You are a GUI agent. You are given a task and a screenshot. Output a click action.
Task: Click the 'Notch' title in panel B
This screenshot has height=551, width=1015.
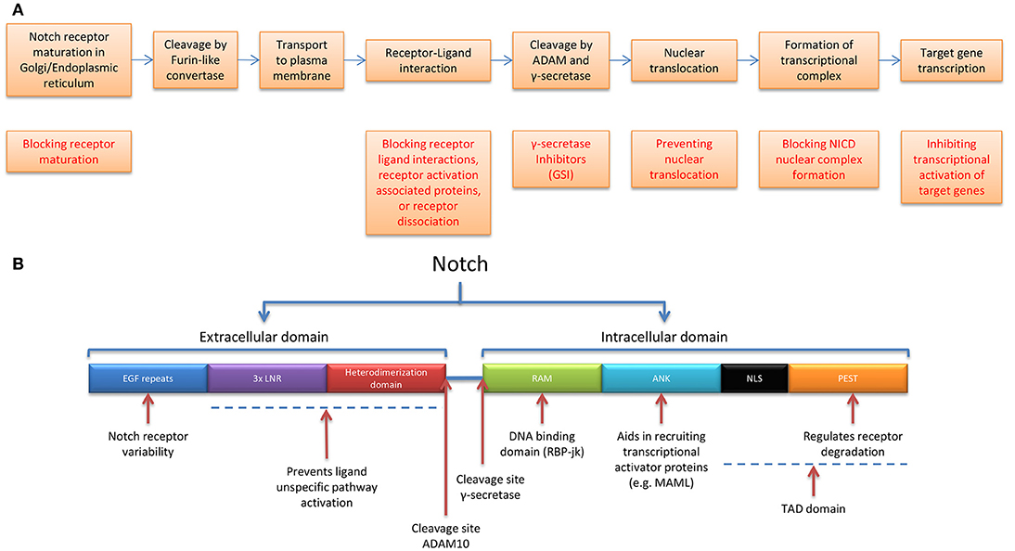[461, 265]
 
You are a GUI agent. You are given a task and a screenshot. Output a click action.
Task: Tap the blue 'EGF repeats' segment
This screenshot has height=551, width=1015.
[148, 378]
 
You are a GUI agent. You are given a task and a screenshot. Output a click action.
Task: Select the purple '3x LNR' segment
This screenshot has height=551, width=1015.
[267, 378]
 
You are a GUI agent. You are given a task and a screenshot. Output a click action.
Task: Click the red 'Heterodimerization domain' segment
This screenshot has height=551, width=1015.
[386, 378]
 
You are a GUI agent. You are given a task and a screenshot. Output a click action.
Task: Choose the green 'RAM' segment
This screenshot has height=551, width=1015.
[543, 378]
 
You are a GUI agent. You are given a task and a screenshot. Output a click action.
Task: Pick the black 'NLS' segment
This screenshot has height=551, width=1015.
[754, 378]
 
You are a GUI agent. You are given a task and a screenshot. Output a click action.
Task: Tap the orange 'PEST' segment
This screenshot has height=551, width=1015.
[848, 378]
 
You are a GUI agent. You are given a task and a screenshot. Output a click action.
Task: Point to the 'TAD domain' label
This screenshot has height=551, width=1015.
[812, 509]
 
